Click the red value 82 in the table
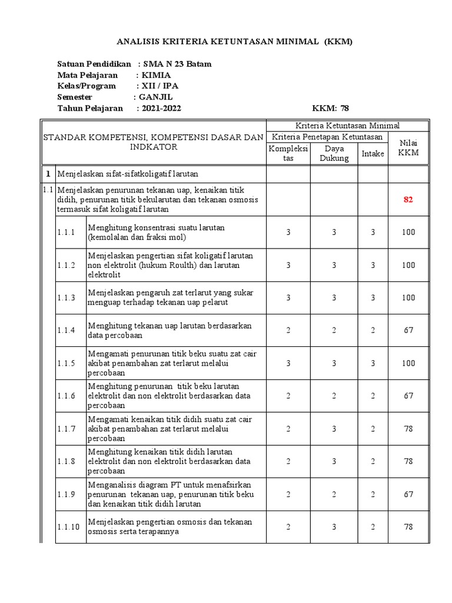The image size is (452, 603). pos(408,200)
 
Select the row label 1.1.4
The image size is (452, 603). pos(67,330)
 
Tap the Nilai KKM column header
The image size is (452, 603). pos(408,148)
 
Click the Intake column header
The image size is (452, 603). pos(373,153)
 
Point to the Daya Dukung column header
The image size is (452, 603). pos(334,153)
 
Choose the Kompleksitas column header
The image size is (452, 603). pos(288,153)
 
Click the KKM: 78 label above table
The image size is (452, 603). pos(330,108)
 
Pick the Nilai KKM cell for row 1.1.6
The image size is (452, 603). pos(408,396)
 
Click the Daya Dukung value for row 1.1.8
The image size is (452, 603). pos(334,462)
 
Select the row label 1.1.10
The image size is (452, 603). pos(68,527)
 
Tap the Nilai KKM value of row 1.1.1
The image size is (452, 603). pos(408,232)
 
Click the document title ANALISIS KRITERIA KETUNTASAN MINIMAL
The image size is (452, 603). pos(235,42)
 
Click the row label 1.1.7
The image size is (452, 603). pos(67,429)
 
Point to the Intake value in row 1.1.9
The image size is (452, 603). pos(373,495)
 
